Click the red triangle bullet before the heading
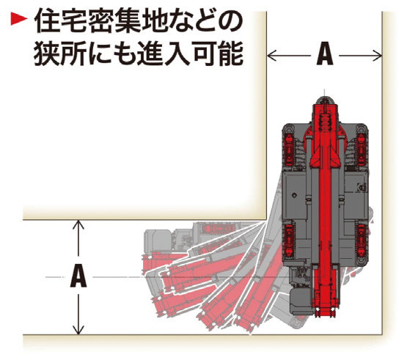coord(19,19)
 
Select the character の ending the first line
coord(228,21)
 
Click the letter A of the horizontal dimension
coord(325,55)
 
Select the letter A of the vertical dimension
coord(78,276)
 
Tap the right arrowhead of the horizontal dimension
coord(377,56)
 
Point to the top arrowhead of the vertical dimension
coord(78,225)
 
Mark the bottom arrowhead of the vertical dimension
coord(78,330)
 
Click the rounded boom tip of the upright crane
coord(324,100)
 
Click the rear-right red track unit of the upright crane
coord(362,240)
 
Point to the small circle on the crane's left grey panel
coord(294,195)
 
